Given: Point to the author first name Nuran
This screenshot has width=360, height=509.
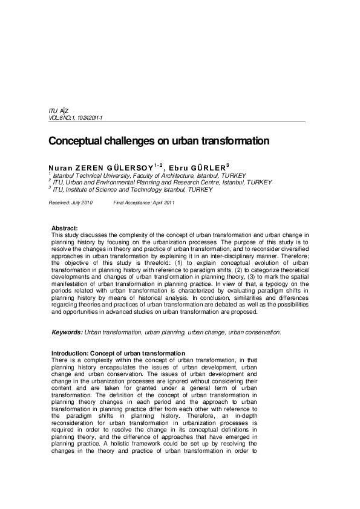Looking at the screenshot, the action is pos(59,166).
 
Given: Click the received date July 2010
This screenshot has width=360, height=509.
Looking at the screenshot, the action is pos(82,203).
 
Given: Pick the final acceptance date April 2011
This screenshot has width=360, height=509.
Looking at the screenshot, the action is pos(161,203).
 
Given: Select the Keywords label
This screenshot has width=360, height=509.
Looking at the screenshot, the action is pos(67,332).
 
